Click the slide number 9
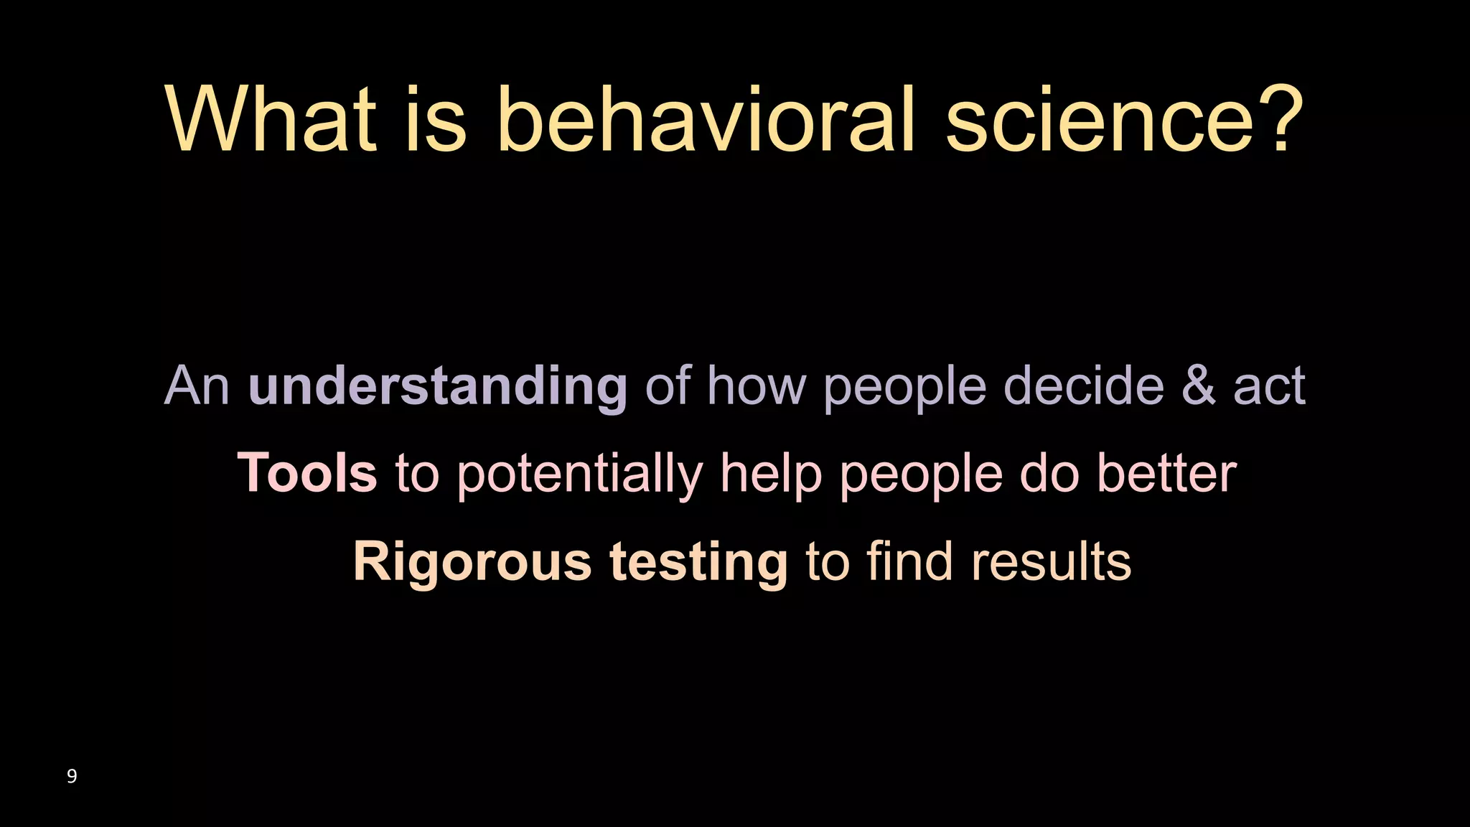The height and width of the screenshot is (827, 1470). [x=72, y=776]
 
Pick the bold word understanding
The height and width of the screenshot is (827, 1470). [x=438, y=386]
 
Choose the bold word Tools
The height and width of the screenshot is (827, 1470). [x=307, y=473]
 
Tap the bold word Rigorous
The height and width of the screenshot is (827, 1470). [x=472, y=563]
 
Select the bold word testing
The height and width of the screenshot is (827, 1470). [x=699, y=563]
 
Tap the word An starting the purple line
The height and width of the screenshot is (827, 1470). [x=197, y=386]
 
